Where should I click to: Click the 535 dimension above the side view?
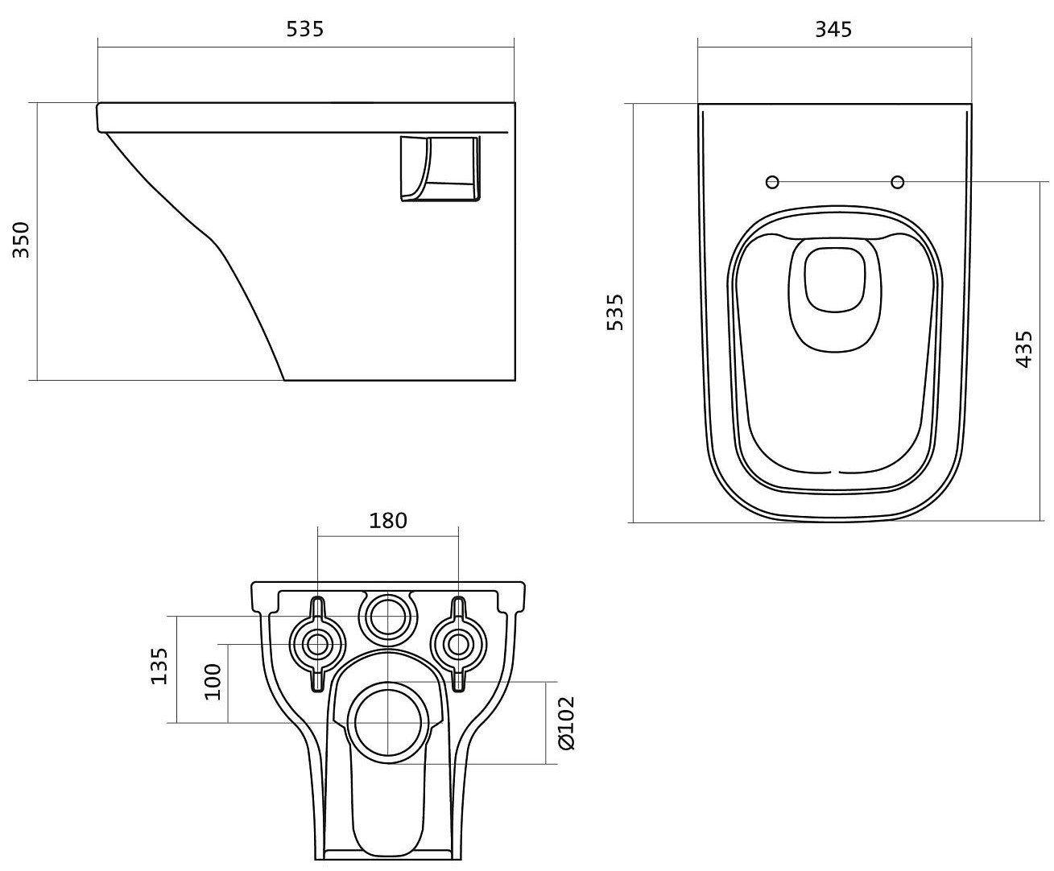click(304, 29)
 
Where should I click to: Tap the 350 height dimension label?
click(21, 240)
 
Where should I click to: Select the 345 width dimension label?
click(833, 29)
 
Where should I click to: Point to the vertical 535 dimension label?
click(615, 312)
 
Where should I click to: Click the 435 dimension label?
click(1023, 349)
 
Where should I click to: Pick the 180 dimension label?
click(387, 521)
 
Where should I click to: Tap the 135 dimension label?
click(159, 666)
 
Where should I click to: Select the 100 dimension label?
click(213, 682)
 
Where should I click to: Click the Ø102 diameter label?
click(566, 723)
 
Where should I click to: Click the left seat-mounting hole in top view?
click(772, 182)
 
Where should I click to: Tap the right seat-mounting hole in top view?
click(898, 182)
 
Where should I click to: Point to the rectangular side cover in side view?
click(440, 168)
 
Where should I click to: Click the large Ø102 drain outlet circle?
click(388, 723)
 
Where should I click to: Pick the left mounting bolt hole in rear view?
click(317, 645)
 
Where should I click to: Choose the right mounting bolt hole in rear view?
click(458, 645)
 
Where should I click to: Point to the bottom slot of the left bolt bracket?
click(317, 681)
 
